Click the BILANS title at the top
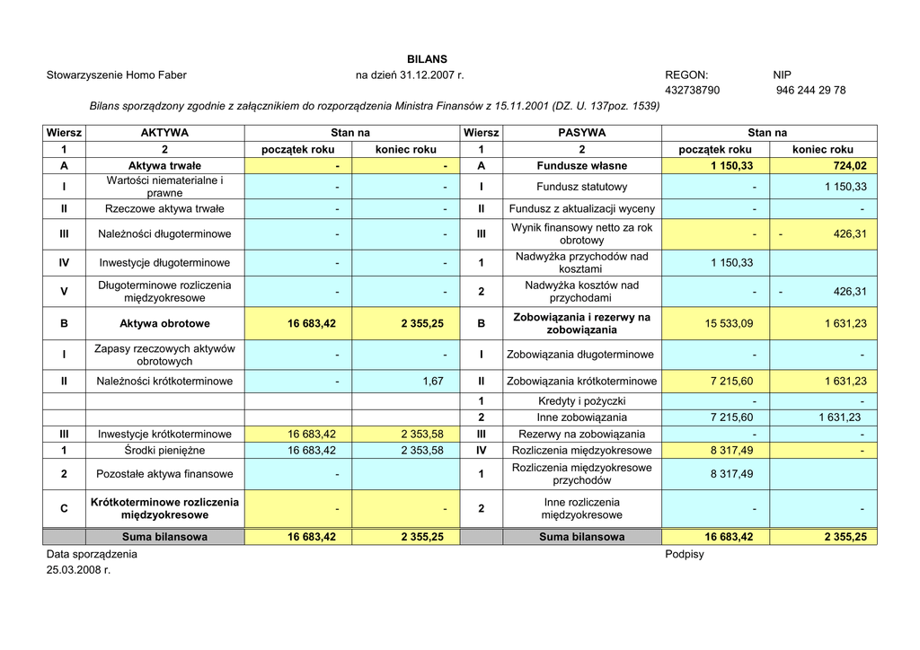pyautogui.click(x=427, y=59)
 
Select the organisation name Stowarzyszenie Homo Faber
pyautogui.click(x=117, y=75)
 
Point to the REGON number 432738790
pyautogui.click(x=692, y=91)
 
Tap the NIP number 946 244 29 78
pyautogui.click(x=810, y=91)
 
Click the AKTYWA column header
pyautogui.click(x=164, y=133)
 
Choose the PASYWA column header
pyautogui.click(x=581, y=133)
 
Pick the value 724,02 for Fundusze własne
pyautogui.click(x=848, y=166)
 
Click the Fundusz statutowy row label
pyautogui.click(x=581, y=187)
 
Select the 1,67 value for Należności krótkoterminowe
pyautogui.click(x=433, y=382)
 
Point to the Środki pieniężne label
pyautogui.click(x=164, y=451)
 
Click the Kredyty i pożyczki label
pyautogui.click(x=581, y=401)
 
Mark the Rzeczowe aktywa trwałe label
pyautogui.click(x=164, y=209)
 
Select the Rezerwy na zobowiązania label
pyautogui.click(x=581, y=435)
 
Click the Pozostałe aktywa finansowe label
pyautogui.click(x=164, y=474)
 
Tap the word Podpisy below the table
pyautogui.click(x=685, y=555)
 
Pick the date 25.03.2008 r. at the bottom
pyautogui.click(x=78, y=570)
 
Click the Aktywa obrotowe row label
pyautogui.click(x=164, y=323)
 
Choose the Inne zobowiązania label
pyautogui.click(x=581, y=417)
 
